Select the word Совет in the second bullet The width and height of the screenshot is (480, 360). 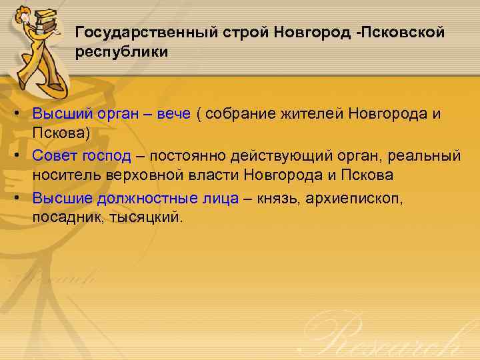(55, 155)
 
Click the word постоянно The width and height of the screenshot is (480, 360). (187, 155)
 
